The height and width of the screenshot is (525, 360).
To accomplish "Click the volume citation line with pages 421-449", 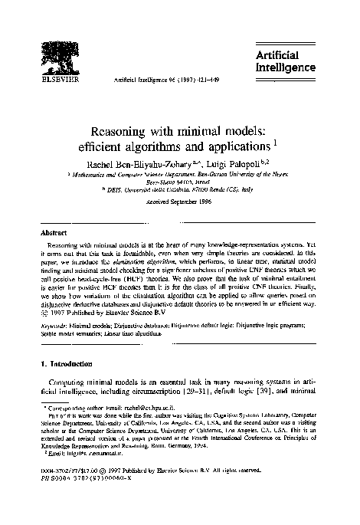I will pyautogui.click(x=164, y=78).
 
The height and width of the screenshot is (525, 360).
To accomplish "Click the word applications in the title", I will pyautogui.click(x=241, y=143).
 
